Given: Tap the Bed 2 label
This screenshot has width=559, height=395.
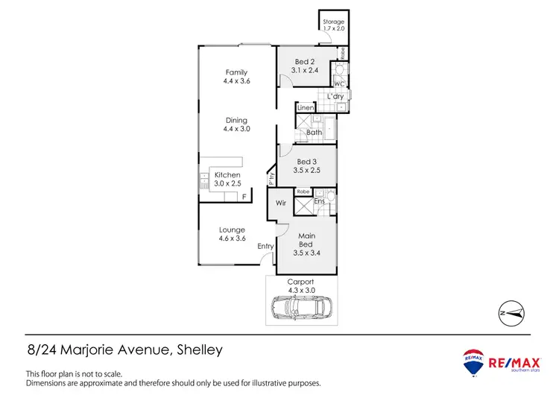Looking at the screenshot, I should click(302, 62).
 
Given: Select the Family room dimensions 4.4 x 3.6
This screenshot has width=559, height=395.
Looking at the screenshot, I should click(236, 80).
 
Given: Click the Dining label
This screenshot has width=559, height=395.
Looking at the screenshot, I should click(236, 120).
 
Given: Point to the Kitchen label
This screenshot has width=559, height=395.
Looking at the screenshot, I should click(227, 175).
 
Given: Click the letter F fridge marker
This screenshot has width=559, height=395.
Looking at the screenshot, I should click(244, 196).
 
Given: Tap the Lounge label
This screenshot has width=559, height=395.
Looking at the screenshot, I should click(232, 230).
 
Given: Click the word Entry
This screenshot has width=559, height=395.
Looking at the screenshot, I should click(266, 247).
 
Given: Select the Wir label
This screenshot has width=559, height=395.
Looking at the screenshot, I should click(282, 202).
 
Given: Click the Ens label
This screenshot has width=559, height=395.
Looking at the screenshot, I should click(319, 201).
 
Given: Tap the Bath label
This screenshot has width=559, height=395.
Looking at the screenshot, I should click(314, 133).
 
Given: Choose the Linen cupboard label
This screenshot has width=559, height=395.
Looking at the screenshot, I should click(306, 109).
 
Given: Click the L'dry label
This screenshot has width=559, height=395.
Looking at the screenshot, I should click(335, 97).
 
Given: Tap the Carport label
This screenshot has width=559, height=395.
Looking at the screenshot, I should click(301, 282).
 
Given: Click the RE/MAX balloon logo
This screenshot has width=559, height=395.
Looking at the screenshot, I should click(471, 361).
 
